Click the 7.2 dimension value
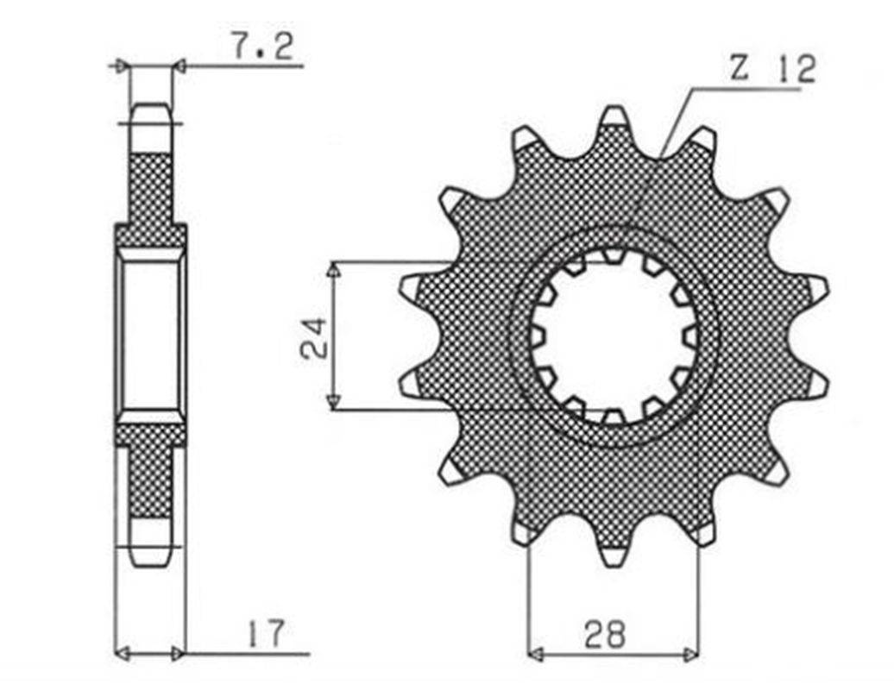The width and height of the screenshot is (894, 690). (262, 47)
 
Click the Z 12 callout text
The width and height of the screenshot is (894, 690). (772, 69)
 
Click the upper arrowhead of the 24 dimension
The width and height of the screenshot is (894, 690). (334, 273)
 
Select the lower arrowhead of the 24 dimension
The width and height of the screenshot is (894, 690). (334, 400)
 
